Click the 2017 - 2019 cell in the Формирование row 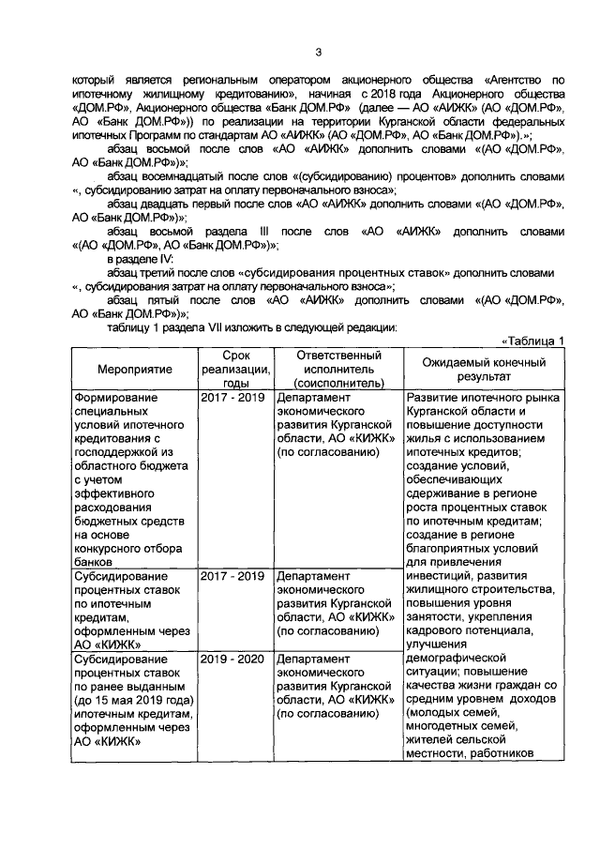coord(233,397)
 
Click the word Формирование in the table coord(116,397)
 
